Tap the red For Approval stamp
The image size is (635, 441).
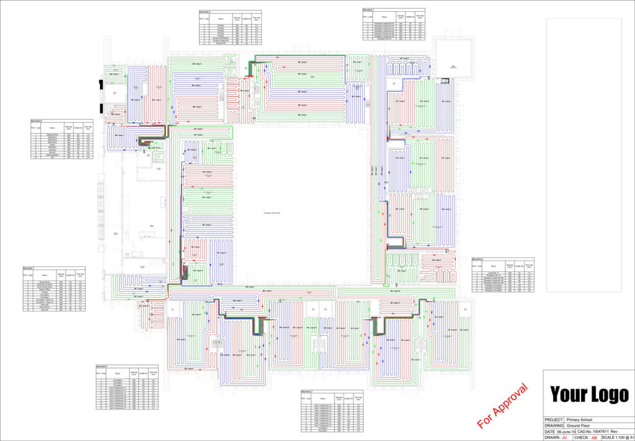[x=503, y=406]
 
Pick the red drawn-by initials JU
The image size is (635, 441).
[x=564, y=437]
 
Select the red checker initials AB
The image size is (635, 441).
[x=593, y=437]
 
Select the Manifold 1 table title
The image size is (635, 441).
[x=370, y=9]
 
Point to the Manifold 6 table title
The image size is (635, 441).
[x=38, y=121]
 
